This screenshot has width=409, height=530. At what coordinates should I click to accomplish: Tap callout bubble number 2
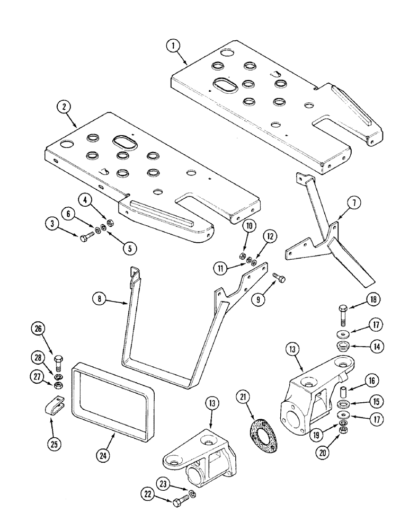click(x=64, y=107)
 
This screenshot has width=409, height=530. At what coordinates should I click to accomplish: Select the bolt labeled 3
click(x=85, y=238)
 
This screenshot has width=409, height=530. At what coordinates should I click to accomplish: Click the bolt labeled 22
click(x=179, y=498)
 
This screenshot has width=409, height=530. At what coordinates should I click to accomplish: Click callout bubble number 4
click(x=84, y=200)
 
